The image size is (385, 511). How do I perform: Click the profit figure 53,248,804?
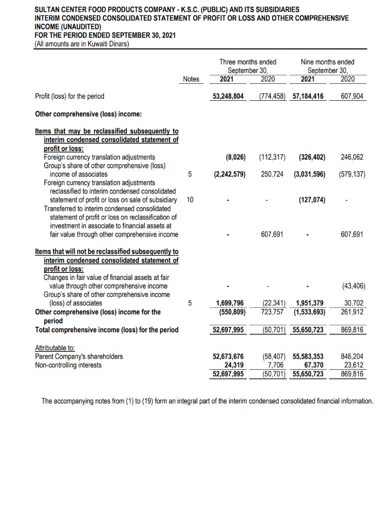pos(228,96)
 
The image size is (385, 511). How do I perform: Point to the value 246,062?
pos(352,157)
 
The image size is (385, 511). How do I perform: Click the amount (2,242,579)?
pos(229,174)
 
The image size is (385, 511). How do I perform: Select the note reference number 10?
pos(190,200)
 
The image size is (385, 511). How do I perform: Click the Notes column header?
pos(191,79)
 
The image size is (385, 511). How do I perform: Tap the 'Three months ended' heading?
pos(248,62)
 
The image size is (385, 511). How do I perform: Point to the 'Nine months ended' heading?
pos(327,62)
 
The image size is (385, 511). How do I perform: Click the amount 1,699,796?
pos(230,303)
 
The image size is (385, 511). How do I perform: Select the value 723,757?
pos(273,312)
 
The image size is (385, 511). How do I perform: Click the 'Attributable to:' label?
pos(52,347)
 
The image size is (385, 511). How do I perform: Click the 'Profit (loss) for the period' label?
pos(69,96)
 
